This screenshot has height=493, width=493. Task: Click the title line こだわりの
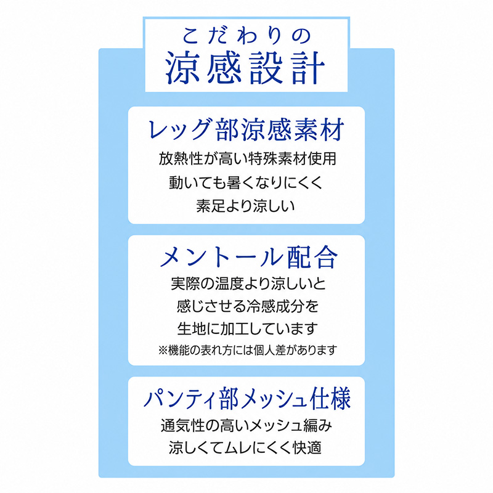point(246,36)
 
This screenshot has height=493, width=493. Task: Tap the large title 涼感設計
point(245,68)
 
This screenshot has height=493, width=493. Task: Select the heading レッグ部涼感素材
point(246,129)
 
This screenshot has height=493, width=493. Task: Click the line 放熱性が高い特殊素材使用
point(248,158)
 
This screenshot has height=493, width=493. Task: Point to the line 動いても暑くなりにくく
point(246,182)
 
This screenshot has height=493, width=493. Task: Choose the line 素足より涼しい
point(245,206)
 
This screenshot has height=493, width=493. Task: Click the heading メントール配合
point(249,257)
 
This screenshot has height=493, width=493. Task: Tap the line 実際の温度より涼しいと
point(248,283)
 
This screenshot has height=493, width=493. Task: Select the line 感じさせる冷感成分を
point(248,306)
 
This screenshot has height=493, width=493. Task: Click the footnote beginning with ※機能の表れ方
point(248,350)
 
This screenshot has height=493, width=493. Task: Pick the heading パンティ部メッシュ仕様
point(247,399)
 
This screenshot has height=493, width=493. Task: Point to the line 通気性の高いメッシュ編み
point(246,426)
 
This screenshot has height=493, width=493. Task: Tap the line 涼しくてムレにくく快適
point(245,448)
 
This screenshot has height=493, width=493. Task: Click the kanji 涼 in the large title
point(182,68)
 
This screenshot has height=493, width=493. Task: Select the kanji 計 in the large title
point(308,68)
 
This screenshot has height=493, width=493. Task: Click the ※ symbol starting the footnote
point(163,350)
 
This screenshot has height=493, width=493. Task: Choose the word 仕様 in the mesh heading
point(330,399)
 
